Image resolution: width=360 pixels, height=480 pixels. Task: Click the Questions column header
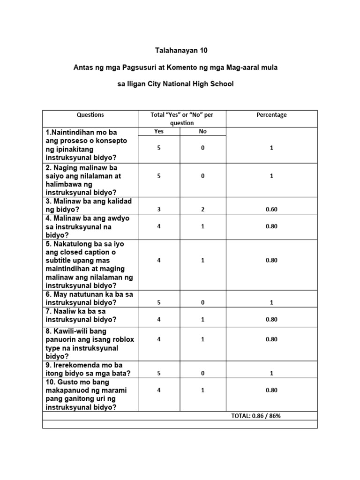90,115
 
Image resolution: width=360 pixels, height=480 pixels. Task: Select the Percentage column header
271,115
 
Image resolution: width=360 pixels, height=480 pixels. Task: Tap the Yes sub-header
159,132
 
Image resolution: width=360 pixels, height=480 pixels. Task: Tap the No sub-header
202,132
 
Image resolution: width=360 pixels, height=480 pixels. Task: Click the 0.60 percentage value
271,210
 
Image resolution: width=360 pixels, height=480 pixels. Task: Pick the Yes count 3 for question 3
159,210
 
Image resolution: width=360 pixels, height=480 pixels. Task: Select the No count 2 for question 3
202,210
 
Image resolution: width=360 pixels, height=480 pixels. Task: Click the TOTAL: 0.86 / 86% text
255,416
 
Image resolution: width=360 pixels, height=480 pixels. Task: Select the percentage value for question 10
271,390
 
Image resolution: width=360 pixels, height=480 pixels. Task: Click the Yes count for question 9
159,374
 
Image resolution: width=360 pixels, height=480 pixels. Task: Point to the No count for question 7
202,320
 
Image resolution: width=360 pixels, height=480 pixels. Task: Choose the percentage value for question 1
271,148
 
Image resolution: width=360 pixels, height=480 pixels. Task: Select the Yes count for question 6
159,303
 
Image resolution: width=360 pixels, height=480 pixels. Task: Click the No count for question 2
202,176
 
